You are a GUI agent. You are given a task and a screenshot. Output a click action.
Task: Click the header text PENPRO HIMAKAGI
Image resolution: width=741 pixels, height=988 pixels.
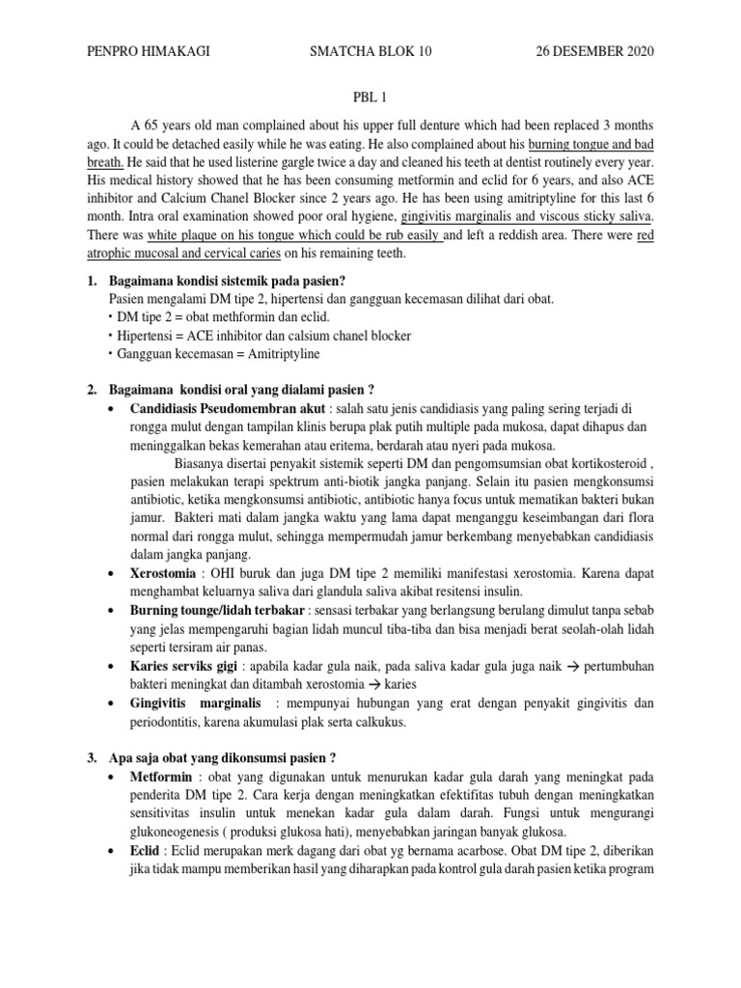(x=148, y=51)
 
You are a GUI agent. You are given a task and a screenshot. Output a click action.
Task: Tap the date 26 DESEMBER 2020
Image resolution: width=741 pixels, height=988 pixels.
(x=594, y=51)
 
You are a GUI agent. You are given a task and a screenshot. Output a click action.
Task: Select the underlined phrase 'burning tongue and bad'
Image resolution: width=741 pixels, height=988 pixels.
(x=591, y=145)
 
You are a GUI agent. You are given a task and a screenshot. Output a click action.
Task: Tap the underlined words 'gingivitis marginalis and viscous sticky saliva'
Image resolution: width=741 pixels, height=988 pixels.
(x=526, y=217)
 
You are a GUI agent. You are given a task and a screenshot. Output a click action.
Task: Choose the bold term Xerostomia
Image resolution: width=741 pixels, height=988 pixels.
(x=165, y=572)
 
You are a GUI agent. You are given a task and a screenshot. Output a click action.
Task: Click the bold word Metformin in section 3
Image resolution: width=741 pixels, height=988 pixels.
(x=160, y=776)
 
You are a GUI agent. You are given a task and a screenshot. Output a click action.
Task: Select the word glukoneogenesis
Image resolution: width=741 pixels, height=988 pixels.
(x=182, y=831)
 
